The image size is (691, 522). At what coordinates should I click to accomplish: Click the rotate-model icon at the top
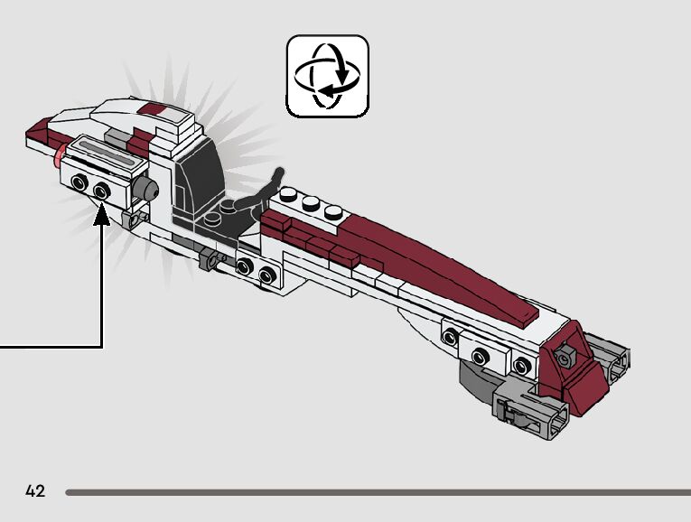pos(327,76)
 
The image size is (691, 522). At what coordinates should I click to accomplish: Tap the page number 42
pos(35,491)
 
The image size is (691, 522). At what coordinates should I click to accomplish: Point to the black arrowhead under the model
pos(103,216)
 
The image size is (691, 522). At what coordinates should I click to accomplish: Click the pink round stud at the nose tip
pos(60,161)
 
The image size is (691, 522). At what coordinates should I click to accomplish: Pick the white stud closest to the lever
pos(289,194)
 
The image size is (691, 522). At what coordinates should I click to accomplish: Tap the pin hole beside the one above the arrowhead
pos(80,184)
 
